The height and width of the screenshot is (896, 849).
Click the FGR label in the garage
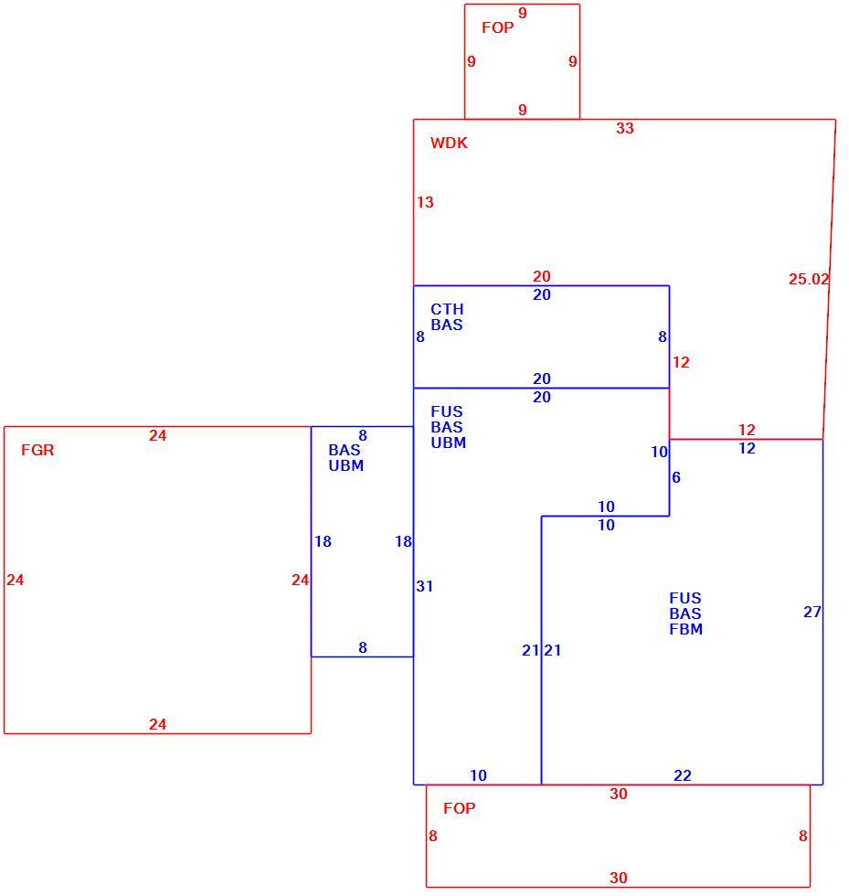[37, 450]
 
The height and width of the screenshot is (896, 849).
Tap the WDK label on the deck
[449, 143]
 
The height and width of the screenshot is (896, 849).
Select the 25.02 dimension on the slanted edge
[809, 279]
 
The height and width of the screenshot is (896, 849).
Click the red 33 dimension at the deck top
[625, 128]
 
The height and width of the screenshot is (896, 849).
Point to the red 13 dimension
[425, 202]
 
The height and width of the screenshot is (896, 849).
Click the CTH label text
[447, 309]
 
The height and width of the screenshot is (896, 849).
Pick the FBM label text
[685, 629]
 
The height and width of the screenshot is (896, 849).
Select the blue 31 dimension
[424, 586]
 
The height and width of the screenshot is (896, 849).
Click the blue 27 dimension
[812, 612]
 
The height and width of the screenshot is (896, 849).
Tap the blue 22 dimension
[683, 775]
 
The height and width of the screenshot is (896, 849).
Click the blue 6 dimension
[676, 477]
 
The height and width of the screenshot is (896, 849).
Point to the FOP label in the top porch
[498, 27]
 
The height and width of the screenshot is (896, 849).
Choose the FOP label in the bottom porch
[460, 808]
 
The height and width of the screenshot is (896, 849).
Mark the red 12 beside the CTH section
[681, 362]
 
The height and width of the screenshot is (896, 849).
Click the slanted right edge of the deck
[829, 280]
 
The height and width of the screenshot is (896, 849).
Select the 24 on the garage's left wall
[15, 580]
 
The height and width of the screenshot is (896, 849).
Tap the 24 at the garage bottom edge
[158, 724]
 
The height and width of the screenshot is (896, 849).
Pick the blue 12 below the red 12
[747, 448]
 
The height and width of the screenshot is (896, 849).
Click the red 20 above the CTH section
[542, 276]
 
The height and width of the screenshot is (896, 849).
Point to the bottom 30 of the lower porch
[618, 877]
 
